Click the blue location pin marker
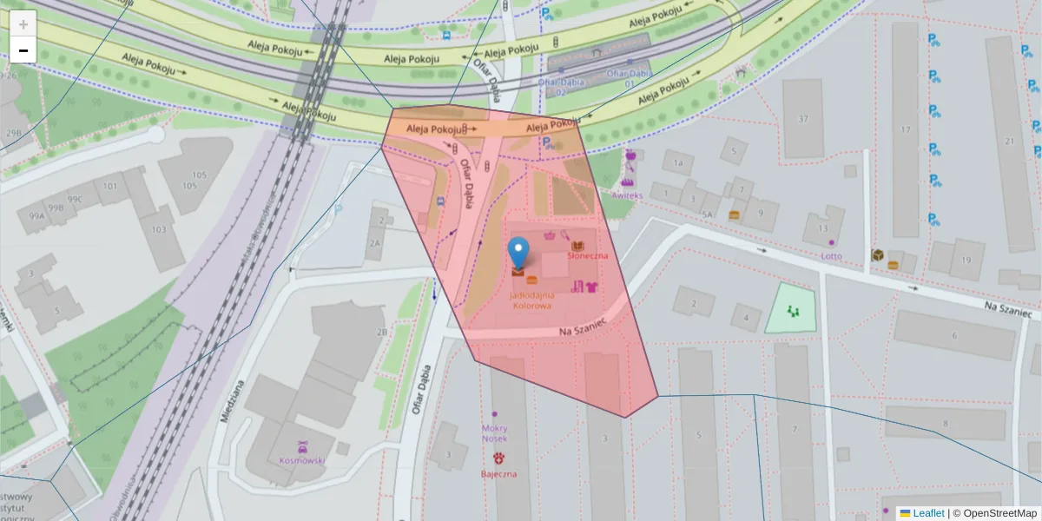tap(518, 253)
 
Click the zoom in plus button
tap(23, 23)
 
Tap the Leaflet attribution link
tap(930, 513)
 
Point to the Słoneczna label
tap(587, 256)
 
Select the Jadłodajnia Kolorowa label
tap(532, 300)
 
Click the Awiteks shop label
tap(626, 195)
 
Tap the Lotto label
tap(832, 255)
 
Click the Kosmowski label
tap(301, 460)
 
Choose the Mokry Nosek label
tap(494, 433)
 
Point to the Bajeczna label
tap(499, 474)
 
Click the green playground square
tap(791, 309)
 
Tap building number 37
tap(803, 119)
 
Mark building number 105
tap(200, 180)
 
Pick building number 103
tap(158, 229)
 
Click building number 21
tap(1009, 141)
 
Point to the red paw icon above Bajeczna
tap(499, 458)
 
